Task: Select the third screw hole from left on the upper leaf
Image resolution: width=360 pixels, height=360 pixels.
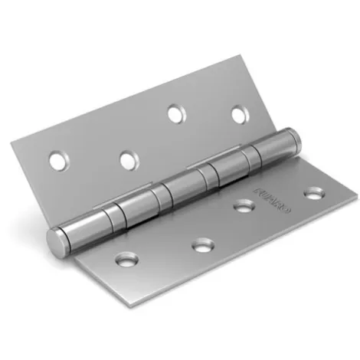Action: [x=175, y=113]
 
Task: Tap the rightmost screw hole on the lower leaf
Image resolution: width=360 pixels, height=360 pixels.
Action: [x=310, y=191]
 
